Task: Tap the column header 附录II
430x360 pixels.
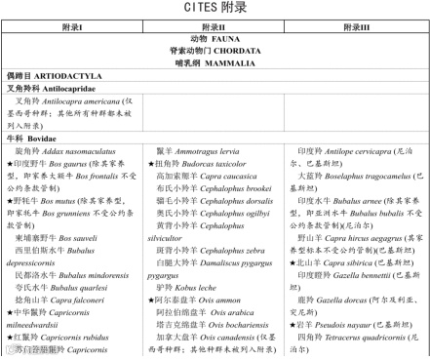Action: point(215,29)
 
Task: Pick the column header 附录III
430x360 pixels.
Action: point(359,29)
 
